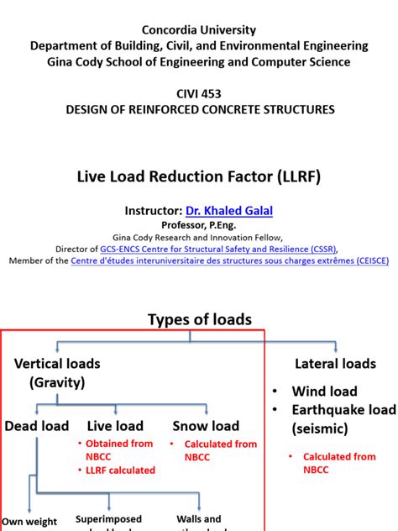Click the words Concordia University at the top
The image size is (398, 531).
pyautogui.click(x=199, y=30)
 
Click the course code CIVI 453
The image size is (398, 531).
pyautogui.click(x=199, y=94)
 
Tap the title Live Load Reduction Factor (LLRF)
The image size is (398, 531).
pyautogui.click(x=199, y=176)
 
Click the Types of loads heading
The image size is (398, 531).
pyautogui.click(x=199, y=319)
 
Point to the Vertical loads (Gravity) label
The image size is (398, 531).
pyautogui.click(x=57, y=372)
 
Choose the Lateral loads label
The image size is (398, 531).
pyautogui.click(x=335, y=364)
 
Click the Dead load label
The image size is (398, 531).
pyautogui.click(x=36, y=426)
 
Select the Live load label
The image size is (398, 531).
pyautogui.click(x=115, y=426)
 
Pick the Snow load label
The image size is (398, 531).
pyautogui.click(x=206, y=426)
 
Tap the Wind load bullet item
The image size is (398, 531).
pyautogui.click(x=324, y=391)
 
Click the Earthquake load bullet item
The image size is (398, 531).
pyautogui.click(x=343, y=410)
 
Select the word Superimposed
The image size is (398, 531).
pyautogui.click(x=108, y=519)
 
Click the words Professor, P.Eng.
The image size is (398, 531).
pyautogui.click(x=199, y=226)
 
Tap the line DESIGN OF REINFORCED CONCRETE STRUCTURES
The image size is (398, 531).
pyautogui.click(x=199, y=109)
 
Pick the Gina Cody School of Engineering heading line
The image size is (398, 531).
pyautogui.click(x=199, y=62)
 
